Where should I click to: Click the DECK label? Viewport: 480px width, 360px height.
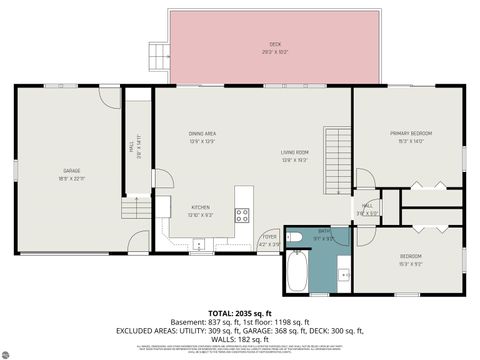pyautogui.click(x=275, y=45)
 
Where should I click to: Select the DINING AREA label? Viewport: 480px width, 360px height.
pyautogui.click(x=203, y=135)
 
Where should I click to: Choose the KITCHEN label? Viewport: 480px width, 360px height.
pyautogui.click(x=201, y=210)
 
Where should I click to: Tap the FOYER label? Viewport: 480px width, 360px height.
pyautogui.click(x=269, y=239)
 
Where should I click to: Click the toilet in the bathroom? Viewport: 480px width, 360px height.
pyautogui.click(x=297, y=236)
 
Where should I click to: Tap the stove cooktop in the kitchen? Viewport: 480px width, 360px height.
pyautogui.click(x=242, y=214)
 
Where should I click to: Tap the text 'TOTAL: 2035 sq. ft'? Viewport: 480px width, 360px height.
pyautogui.click(x=240, y=312)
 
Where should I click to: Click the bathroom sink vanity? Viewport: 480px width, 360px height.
pyautogui.click(x=343, y=270)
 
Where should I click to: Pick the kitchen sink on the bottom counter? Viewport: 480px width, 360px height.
pyautogui.click(x=199, y=243)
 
